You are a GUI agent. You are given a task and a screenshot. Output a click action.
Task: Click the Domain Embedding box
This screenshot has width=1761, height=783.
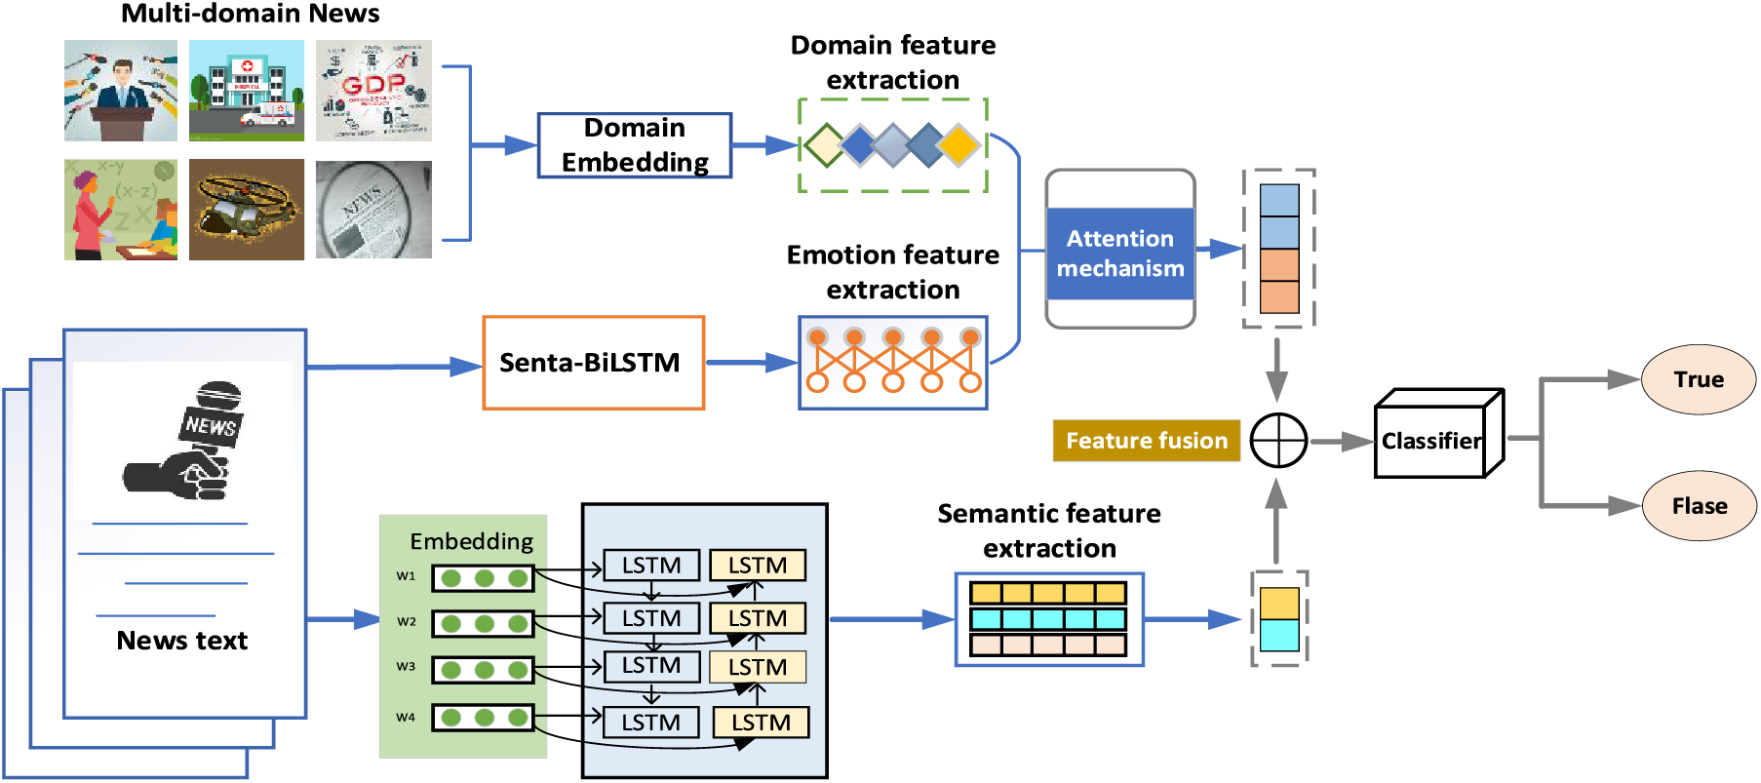pyautogui.click(x=635, y=145)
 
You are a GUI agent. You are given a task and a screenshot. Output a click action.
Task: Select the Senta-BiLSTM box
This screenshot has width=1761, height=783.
pyautogui.click(x=593, y=363)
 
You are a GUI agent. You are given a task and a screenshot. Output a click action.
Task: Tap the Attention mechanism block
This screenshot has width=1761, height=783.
pyautogui.click(x=1120, y=254)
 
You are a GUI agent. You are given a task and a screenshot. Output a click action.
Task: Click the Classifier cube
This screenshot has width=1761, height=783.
pyautogui.click(x=1431, y=441)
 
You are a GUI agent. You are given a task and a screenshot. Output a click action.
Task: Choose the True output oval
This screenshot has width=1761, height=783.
pyautogui.click(x=1699, y=379)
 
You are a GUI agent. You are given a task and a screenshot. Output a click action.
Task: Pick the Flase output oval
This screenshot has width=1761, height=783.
pyautogui.click(x=1700, y=505)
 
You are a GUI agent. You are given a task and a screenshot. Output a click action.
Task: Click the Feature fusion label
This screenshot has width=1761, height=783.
pyautogui.click(x=1146, y=441)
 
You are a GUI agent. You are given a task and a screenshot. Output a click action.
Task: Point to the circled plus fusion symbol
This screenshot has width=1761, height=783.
pyautogui.click(x=1278, y=441)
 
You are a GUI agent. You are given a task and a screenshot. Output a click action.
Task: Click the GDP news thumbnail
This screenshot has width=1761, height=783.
pyautogui.click(x=373, y=91)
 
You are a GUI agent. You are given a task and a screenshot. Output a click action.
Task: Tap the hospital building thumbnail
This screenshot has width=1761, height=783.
pyautogui.click(x=246, y=91)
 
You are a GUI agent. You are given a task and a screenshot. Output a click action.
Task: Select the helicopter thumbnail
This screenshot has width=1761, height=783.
pyautogui.click(x=246, y=210)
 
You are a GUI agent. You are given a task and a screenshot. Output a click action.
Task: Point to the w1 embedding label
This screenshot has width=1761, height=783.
pyautogui.click(x=406, y=576)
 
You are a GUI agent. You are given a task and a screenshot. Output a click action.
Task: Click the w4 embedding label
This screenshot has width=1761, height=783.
pyautogui.click(x=406, y=718)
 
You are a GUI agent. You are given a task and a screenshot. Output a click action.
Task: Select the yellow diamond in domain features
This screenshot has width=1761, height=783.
pyautogui.click(x=959, y=145)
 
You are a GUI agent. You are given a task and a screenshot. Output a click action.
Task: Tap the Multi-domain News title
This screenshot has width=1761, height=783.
pyautogui.click(x=250, y=14)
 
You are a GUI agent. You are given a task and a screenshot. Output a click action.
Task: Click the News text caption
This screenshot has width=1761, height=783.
pyautogui.click(x=181, y=641)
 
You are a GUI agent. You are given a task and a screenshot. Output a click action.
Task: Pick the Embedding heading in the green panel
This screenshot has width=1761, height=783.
pyautogui.click(x=472, y=541)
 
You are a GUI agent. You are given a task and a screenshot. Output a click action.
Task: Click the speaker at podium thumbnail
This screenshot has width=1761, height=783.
pyautogui.click(x=121, y=91)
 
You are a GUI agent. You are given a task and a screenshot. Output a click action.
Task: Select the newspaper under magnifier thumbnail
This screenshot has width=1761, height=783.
pyautogui.click(x=373, y=210)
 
